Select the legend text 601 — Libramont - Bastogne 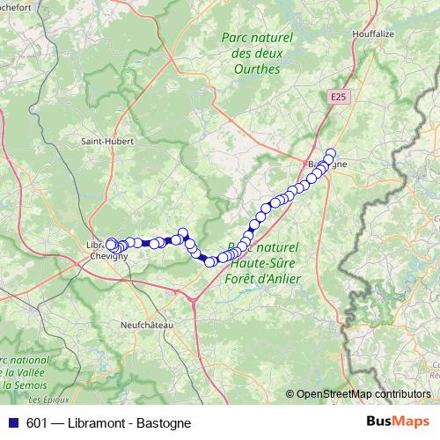click(x=108, y=422)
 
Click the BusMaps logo click(x=398, y=422)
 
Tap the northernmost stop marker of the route click(x=331, y=153)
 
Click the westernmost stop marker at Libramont click(x=111, y=242)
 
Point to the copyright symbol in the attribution click(x=290, y=394)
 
